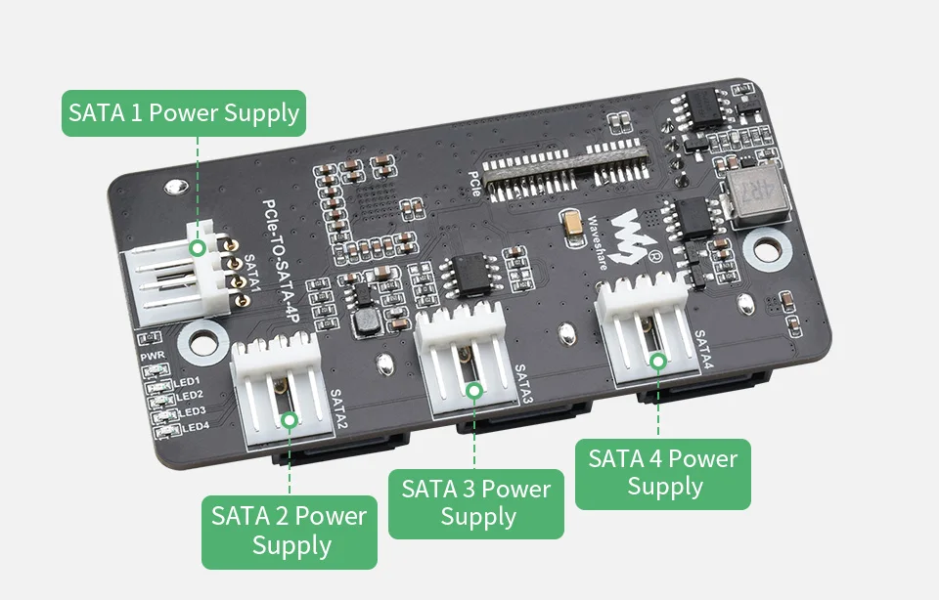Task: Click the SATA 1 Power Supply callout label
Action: coord(184,113)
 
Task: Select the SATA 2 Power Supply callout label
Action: coord(290,531)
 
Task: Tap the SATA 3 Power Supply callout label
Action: coord(476,502)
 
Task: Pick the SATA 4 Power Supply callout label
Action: coord(662,473)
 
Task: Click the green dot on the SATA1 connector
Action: coord(198,248)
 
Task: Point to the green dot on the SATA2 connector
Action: coord(290,419)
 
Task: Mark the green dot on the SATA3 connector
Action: coord(474,390)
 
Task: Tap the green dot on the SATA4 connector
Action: coord(658,361)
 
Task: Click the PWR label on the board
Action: coord(151,359)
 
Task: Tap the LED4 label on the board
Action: coord(195,426)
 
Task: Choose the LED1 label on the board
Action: coord(186,380)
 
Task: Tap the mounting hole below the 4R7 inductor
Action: coord(767,248)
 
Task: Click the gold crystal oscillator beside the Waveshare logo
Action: coord(570,227)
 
